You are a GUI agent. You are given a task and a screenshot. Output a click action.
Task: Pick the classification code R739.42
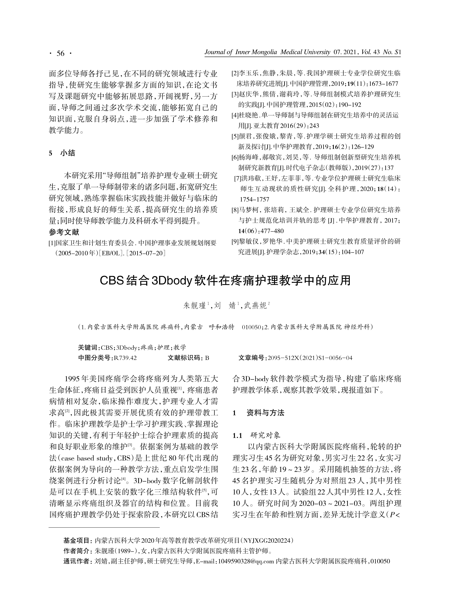(x=125, y=358)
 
